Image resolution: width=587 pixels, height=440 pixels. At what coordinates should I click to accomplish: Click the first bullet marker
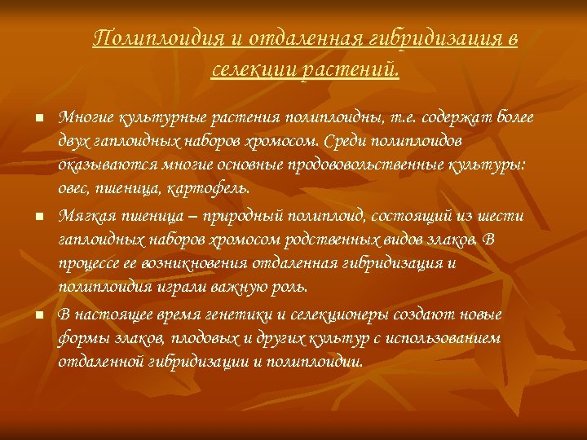38,119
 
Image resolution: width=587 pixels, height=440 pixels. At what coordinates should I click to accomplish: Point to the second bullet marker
38,218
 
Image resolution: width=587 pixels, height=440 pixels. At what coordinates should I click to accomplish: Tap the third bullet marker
38,315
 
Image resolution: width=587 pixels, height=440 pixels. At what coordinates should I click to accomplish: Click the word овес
75,189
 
